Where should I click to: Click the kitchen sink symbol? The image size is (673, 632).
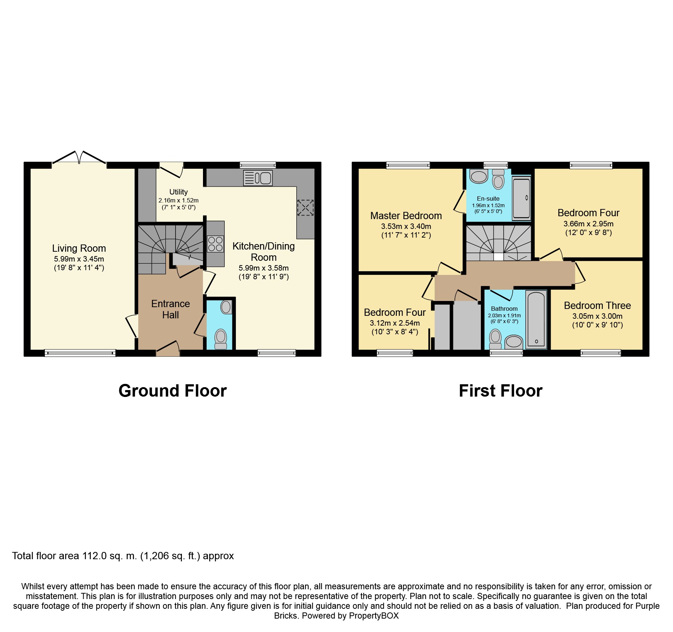click(x=258, y=178)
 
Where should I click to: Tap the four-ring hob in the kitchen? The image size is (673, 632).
click(x=215, y=244)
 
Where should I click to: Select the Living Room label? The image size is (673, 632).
click(x=79, y=248)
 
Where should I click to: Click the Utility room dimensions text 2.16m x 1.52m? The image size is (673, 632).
click(x=178, y=200)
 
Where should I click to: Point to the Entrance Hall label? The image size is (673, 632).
click(x=170, y=309)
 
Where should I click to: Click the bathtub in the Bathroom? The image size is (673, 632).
click(x=536, y=319)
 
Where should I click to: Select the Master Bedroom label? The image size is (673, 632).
click(x=406, y=216)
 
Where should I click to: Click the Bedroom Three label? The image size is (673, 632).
click(x=597, y=306)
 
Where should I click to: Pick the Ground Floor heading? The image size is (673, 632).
click(x=173, y=391)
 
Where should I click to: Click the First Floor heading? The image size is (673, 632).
click(x=501, y=391)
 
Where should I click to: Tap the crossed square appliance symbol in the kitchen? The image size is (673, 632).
click(x=305, y=208)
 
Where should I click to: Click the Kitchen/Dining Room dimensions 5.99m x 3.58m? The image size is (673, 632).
click(x=264, y=268)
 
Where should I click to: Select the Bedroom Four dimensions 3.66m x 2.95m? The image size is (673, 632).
click(x=588, y=224)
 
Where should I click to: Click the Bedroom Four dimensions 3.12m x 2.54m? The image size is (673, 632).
click(x=395, y=323)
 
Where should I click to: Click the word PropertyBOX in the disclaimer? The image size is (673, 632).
click(x=374, y=616)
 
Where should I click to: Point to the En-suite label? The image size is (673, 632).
click(x=488, y=198)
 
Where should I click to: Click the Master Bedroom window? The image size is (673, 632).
click(x=408, y=166)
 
